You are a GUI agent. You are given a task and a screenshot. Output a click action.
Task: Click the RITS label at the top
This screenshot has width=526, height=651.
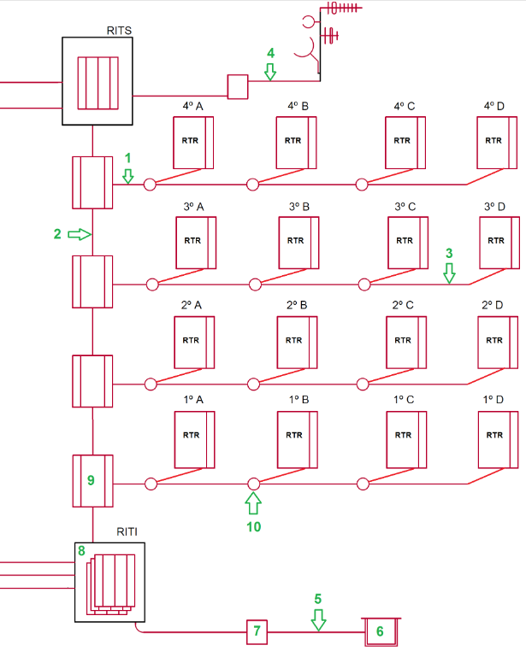point(119,31)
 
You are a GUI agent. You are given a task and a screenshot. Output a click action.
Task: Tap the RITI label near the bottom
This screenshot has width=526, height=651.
point(127,531)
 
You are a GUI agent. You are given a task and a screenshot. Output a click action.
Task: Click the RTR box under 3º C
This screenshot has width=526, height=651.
point(407,241)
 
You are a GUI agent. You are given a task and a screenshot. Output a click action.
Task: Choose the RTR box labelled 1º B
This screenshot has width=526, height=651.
point(296,435)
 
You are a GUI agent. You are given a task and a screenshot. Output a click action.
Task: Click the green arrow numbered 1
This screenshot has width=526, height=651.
point(128,176)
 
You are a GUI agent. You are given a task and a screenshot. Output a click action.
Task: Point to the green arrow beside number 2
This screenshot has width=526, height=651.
point(80,234)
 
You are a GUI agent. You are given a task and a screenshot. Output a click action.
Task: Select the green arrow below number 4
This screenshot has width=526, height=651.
point(270,73)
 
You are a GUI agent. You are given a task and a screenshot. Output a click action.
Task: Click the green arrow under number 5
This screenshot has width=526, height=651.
point(318,619)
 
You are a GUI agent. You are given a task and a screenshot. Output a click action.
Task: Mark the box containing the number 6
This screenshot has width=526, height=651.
point(381,632)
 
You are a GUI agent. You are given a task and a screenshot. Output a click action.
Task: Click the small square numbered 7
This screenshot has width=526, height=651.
point(257,632)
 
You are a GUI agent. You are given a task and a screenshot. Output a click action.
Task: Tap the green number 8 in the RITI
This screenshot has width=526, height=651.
point(81,552)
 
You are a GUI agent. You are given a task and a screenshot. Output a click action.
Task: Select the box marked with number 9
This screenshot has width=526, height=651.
point(92,481)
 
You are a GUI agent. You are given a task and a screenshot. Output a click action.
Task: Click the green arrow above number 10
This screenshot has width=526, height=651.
point(253,502)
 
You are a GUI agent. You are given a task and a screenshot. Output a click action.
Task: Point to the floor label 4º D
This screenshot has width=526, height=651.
point(495,106)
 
